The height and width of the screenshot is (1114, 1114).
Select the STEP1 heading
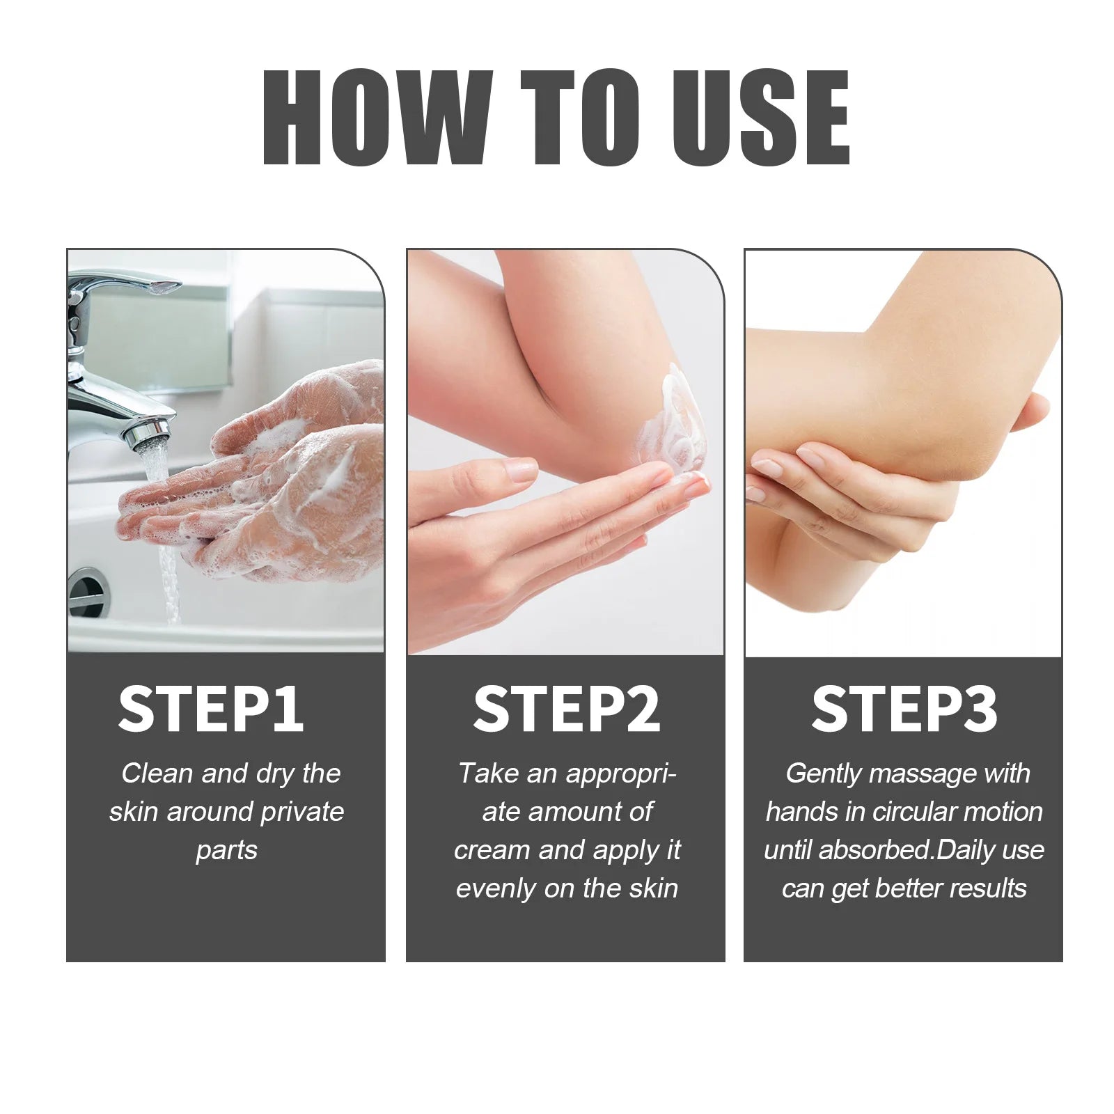(210, 709)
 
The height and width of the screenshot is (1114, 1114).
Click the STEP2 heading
(565, 709)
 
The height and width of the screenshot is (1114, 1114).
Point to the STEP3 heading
(904, 709)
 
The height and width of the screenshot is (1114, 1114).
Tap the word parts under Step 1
(226, 850)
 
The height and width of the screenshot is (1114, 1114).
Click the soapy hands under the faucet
(278, 487)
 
